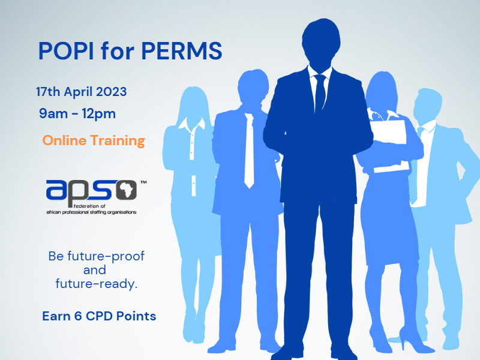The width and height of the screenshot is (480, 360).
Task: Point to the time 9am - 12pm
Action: [77, 113]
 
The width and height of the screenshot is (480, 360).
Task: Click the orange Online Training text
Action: [94, 141]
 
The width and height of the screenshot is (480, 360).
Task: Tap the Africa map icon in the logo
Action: [126, 189]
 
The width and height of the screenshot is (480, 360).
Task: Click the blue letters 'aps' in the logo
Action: [78, 190]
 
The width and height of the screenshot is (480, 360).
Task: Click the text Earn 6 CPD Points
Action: [99, 316]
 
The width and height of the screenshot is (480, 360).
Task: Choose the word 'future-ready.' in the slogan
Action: [96, 284]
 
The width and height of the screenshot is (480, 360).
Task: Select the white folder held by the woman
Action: [390, 144]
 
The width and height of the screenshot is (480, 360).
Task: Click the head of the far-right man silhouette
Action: [429, 106]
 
